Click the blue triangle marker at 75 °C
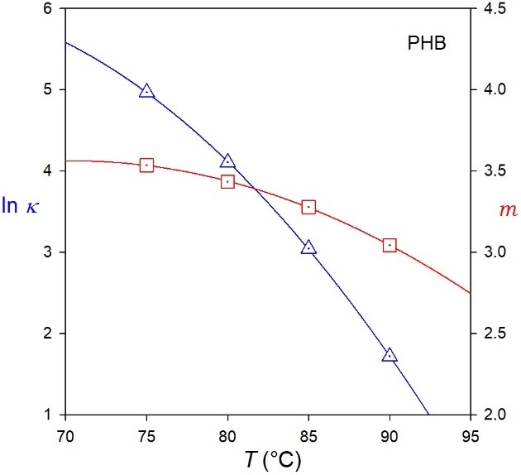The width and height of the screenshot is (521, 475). coord(146,91)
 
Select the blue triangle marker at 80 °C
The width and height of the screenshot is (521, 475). coord(227,161)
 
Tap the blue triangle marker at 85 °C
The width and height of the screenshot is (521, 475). coord(308,247)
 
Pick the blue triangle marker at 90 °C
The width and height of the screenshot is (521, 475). coord(390,355)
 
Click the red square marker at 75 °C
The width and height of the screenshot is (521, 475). coord(146,166)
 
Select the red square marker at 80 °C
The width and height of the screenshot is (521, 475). coord(227,182)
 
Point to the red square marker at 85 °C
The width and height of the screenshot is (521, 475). coord(308,207)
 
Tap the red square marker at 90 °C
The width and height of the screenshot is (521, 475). coord(390,245)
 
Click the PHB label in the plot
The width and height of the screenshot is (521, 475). coord(426,44)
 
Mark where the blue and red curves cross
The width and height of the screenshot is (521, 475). coord(255,190)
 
